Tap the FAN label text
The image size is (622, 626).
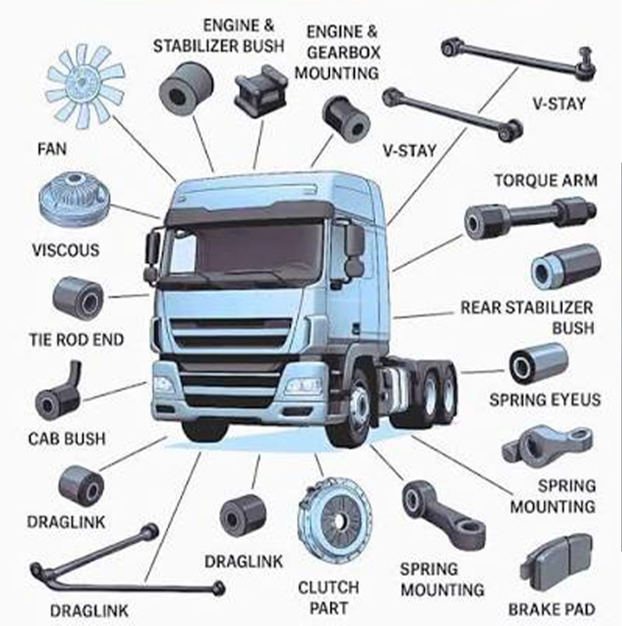point(52,149)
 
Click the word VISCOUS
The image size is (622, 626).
point(65,250)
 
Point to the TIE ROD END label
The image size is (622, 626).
point(76,340)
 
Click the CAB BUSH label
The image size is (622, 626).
point(67,439)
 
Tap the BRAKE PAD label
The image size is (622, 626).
point(551,608)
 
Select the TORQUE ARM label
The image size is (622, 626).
point(546,181)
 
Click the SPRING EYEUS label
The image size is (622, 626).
point(545,399)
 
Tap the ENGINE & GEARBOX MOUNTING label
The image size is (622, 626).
point(342,52)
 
